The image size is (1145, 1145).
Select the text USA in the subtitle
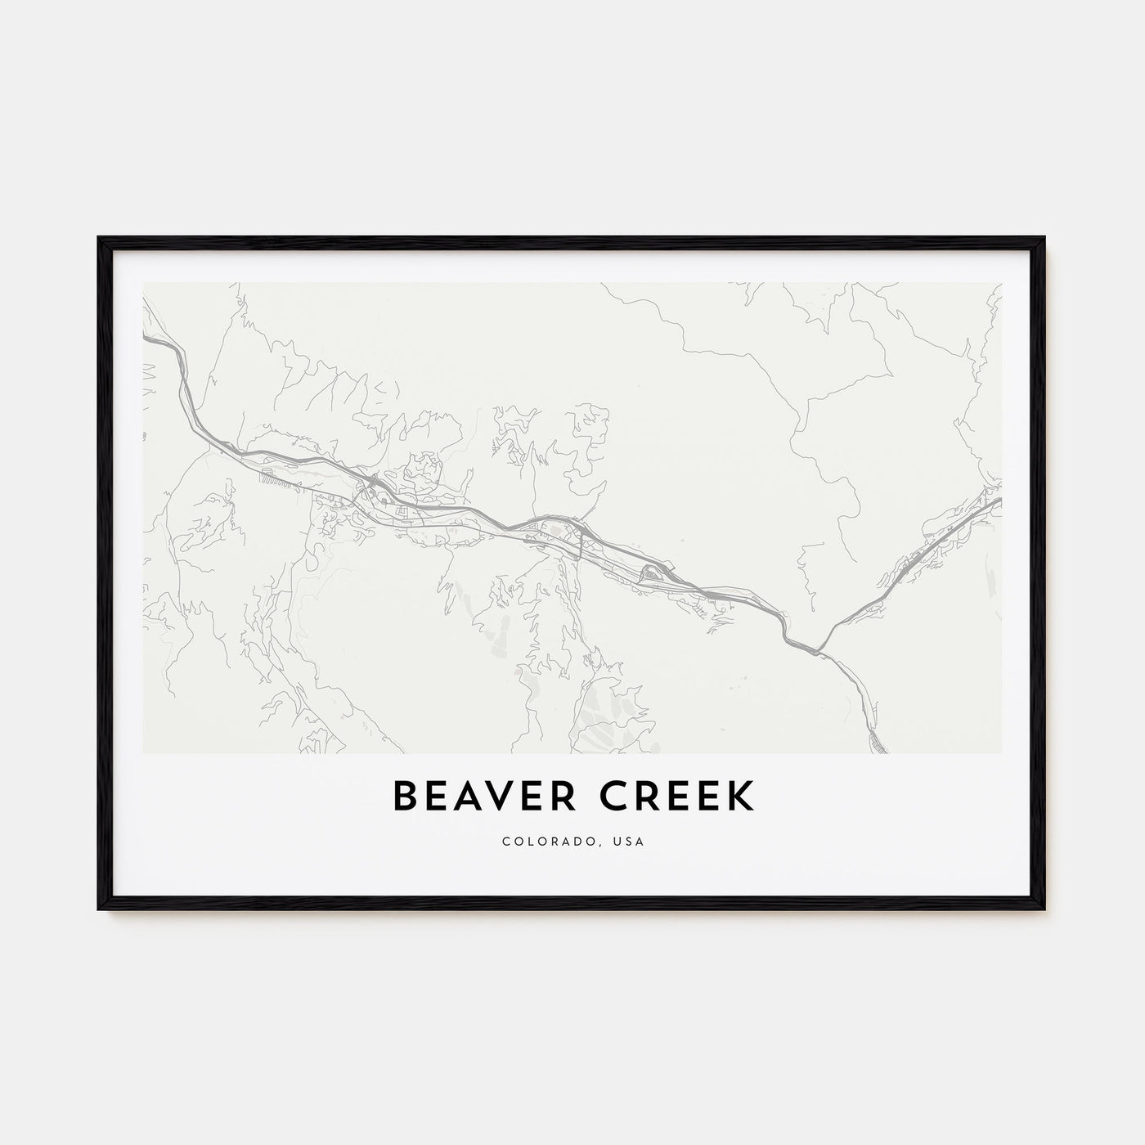pyautogui.click(x=631, y=841)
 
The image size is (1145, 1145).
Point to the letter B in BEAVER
pyautogui.click(x=406, y=797)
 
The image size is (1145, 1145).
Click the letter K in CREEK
pyautogui.click(x=741, y=797)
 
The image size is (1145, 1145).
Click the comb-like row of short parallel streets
pyautogui.click(x=278, y=482)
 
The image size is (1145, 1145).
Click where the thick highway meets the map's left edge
pyautogui.click(x=145, y=336)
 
